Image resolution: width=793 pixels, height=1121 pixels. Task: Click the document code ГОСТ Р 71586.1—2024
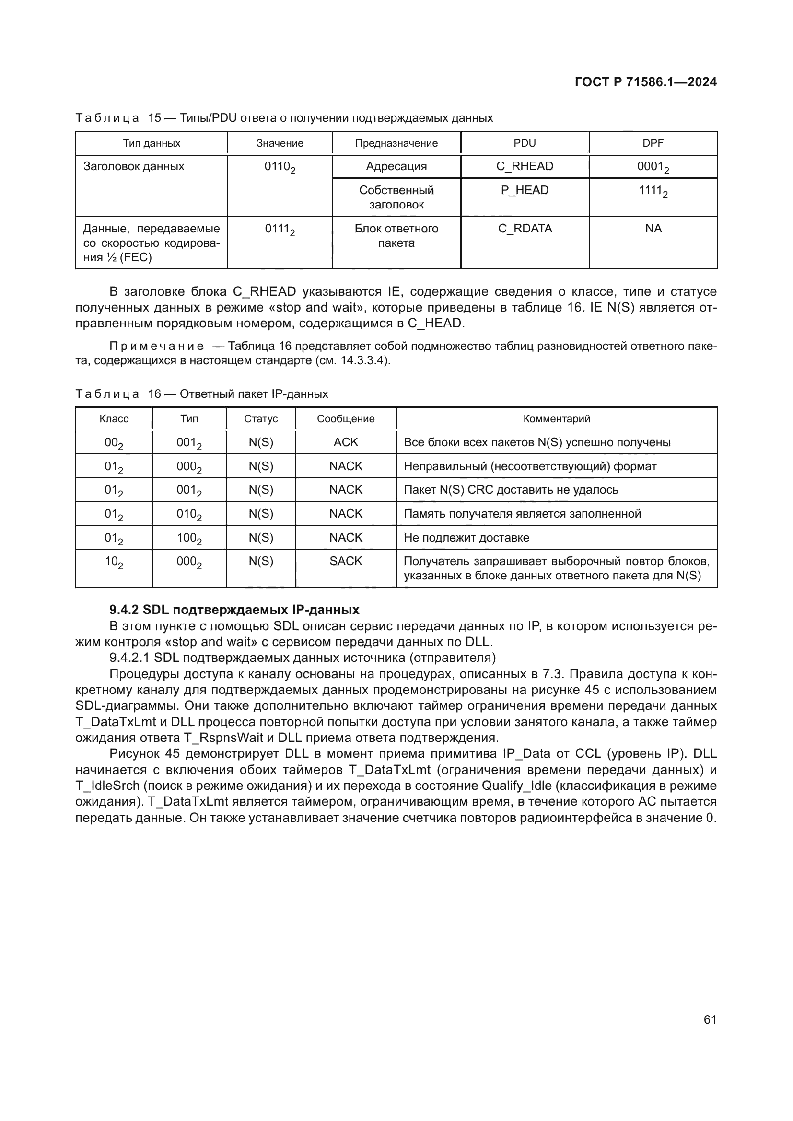point(645,82)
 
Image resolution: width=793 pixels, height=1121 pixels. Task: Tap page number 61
point(710,1019)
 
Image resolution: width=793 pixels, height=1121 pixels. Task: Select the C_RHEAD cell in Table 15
point(525,166)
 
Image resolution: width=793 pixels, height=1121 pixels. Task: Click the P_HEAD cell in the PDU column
point(525,190)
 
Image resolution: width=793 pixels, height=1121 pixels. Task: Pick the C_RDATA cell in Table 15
point(525,229)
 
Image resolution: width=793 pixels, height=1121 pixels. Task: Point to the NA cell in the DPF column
point(653,229)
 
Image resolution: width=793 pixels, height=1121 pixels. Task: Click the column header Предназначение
point(396,143)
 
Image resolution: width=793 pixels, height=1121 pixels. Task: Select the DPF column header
point(653,143)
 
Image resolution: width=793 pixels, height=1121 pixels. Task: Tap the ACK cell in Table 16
point(346,442)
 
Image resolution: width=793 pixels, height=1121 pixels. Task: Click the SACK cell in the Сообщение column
point(346,561)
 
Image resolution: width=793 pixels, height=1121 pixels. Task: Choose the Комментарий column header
point(556,419)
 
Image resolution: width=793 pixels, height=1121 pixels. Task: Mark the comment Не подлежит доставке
point(466,538)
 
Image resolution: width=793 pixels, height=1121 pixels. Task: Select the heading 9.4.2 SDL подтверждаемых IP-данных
point(234,610)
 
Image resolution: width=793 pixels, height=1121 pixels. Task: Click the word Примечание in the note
point(156,346)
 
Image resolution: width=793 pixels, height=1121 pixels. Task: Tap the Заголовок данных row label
point(133,166)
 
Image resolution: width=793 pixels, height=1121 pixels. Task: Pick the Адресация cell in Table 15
point(396,166)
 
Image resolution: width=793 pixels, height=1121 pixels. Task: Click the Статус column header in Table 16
point(261,419)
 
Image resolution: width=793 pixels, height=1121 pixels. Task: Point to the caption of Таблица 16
point(202,394)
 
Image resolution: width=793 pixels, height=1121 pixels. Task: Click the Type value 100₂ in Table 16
point(188,538)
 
